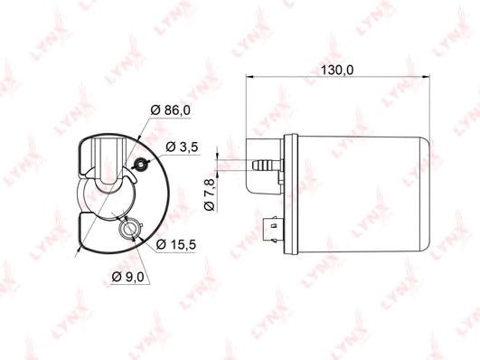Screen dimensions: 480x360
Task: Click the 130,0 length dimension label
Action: (x=336, y=71)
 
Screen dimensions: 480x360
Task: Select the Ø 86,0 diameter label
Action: (x=171, y=109)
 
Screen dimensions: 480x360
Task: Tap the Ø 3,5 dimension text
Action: (x=182, y=147)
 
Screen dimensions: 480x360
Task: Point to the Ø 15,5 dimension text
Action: (x=175, y=244)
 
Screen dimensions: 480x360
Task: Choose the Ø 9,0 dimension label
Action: (x=127, y=277)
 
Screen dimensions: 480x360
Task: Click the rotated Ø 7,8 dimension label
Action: (x=210, y=194)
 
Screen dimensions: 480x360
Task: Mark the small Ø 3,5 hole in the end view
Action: (x=140, y=165)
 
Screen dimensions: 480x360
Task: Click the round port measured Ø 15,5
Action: (x=129, y=229)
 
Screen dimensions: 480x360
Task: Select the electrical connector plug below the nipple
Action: (x=273, y=229)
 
